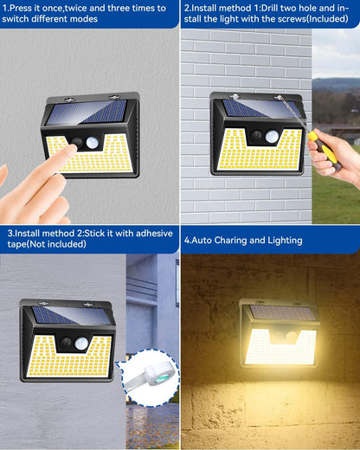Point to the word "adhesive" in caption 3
point(154,233)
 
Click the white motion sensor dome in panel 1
point(93,143)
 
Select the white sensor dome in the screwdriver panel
point(272,137)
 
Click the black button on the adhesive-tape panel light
point(66,343)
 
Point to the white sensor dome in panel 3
point(81,344)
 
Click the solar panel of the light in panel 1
point(87,112)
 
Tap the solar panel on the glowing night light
point(282,313)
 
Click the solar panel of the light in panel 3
point(71,315)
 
